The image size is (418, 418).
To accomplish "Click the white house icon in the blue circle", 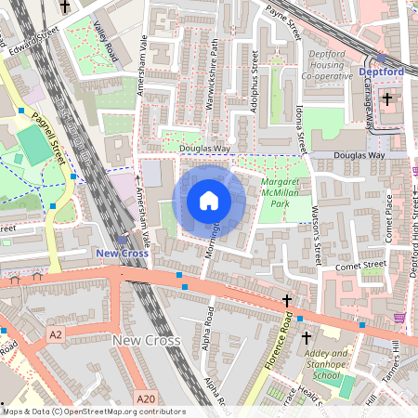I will pos(209,201).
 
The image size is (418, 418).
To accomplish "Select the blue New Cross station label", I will pos(122,253).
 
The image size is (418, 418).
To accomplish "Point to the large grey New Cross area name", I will pos(143,341).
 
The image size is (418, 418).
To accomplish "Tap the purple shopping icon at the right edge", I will pos(400,318).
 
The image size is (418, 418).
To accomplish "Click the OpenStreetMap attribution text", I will pos(93,411).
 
